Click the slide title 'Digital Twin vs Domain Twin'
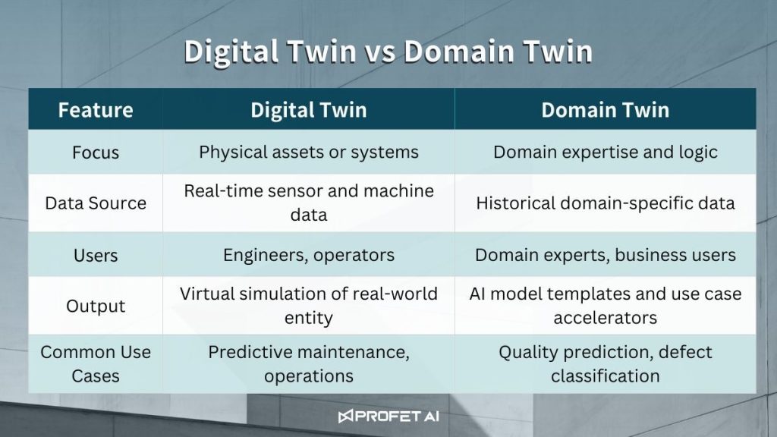point(388,52)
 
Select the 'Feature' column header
point(96,110)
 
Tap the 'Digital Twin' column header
point(309,110)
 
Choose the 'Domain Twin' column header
point(605,110)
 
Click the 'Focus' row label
point(96,152)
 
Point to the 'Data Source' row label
point(96,203)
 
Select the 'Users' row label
point(96,255)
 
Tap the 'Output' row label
point(96,307)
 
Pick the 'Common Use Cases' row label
point(96,363)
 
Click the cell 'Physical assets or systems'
point(309,152)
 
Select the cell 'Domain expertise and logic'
point(605,152)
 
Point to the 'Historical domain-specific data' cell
point(605,203)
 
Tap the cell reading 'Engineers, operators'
point(309,255)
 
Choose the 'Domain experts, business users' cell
point(605,255)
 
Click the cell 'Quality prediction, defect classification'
point(605,363)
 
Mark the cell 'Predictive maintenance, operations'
point(309,363)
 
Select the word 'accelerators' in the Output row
point(605,318)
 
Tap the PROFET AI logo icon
point(345,417)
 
